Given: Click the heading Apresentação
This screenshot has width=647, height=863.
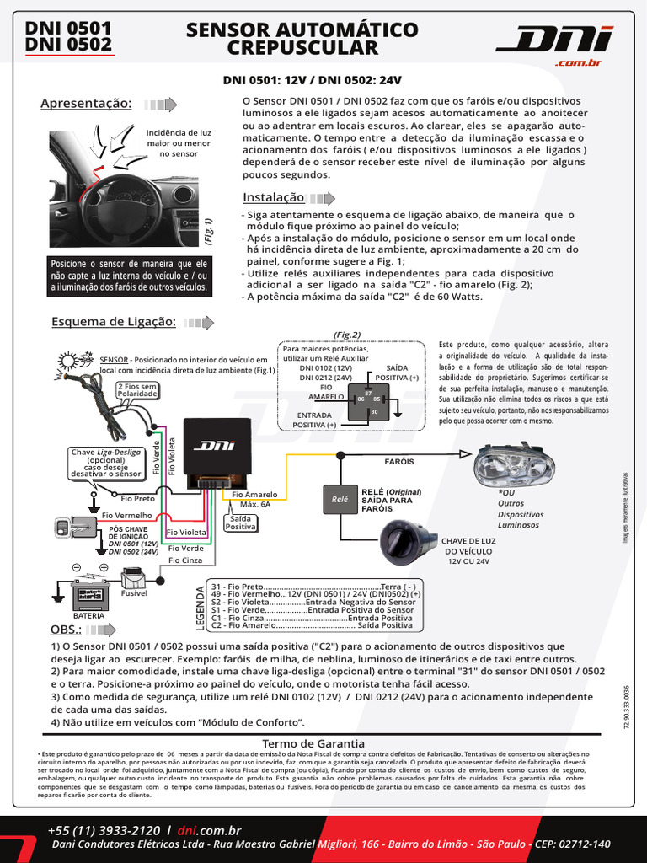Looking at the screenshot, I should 87,104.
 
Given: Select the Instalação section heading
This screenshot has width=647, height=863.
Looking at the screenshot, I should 273,197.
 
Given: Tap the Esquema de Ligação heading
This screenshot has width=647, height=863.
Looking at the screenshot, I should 113,322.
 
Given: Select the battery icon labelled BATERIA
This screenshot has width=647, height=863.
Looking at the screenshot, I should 88,594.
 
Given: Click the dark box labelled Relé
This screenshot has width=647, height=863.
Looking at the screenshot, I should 340,499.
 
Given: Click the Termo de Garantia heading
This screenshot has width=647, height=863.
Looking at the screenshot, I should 313,743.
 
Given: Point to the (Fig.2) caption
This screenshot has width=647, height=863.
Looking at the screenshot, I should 346,335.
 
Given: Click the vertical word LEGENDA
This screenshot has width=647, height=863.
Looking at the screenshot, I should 201,605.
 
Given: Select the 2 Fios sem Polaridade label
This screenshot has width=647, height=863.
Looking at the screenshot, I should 136,389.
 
